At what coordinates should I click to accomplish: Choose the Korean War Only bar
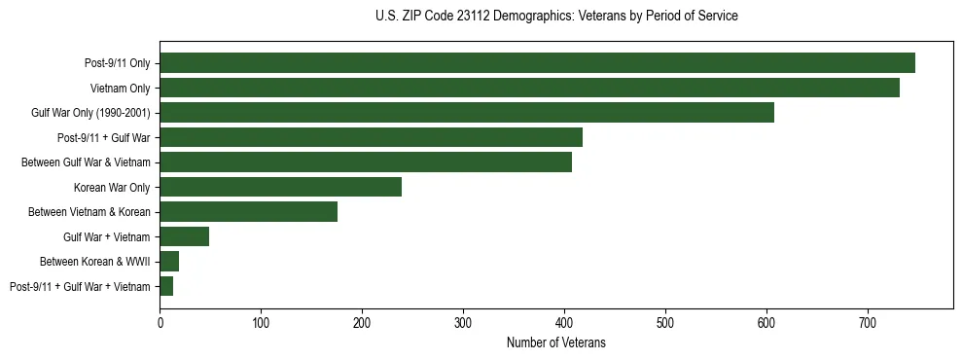click(x=280, y=187)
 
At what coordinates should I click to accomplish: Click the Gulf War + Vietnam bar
click(x=184, y=236)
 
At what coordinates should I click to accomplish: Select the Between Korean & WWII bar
click(x=169, y=262)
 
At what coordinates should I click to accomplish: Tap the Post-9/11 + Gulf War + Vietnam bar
click(x=166, y=286)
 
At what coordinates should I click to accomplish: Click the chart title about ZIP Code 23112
click(x=555, y=17)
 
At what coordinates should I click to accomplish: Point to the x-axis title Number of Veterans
click(x=555, y=342)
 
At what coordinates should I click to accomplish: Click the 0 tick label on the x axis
click(x=160, y=322)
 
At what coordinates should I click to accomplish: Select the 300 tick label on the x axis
click(x=463, y=322)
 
